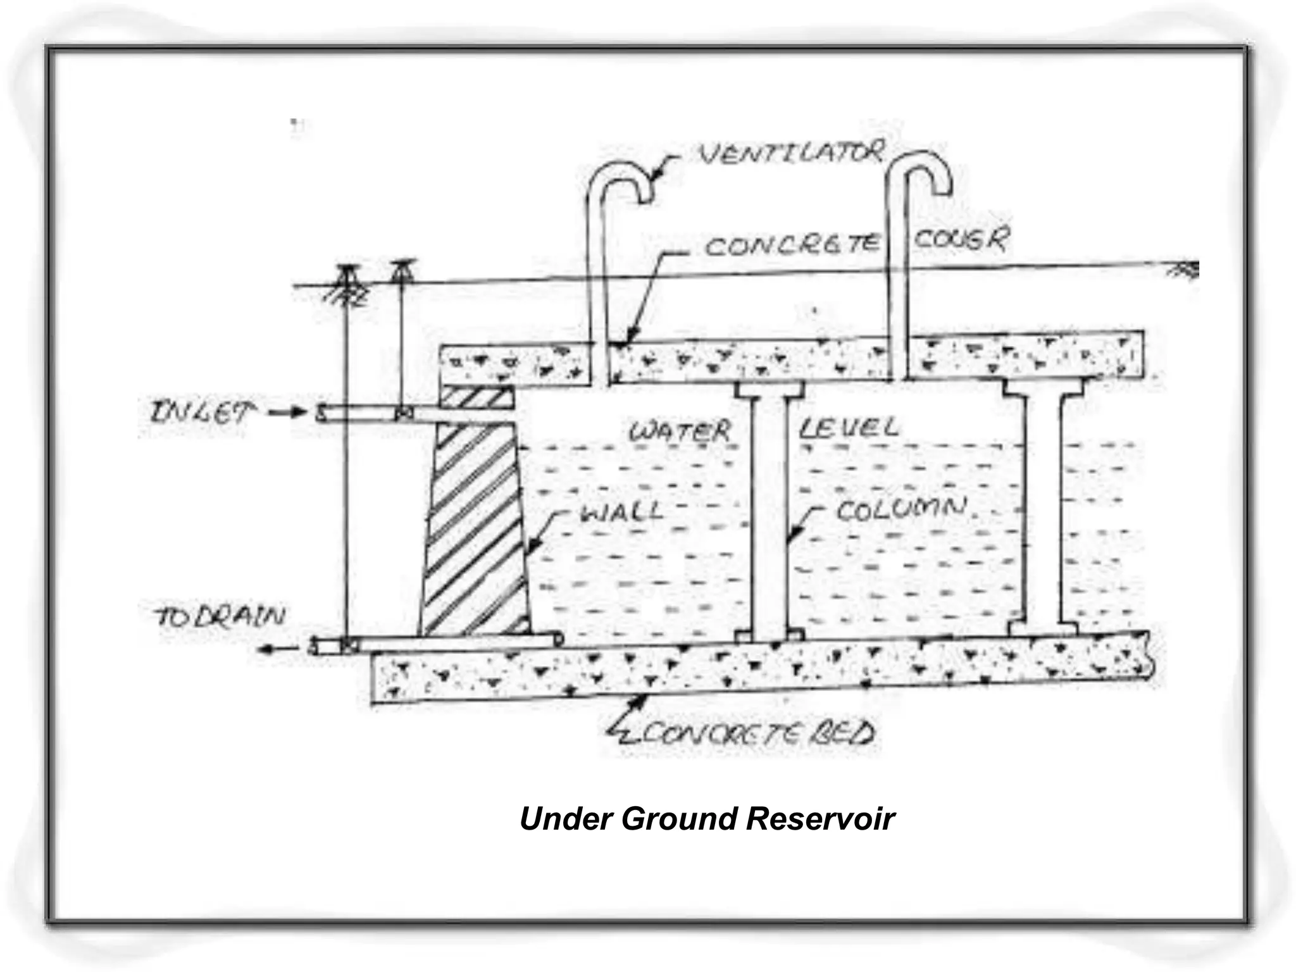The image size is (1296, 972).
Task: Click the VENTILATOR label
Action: [x=791, y=154]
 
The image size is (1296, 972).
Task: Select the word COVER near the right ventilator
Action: [x=961, y=240]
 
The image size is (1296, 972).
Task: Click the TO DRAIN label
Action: [x=220, y=616]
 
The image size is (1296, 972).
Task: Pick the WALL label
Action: [x=621, y=511]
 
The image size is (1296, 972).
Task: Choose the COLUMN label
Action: [x=901, y=509]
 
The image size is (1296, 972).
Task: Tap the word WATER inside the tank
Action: [x=680, y=432]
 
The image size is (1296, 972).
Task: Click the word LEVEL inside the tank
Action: [x=848, y=428]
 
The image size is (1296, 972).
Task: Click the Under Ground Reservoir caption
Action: [x=707, y=818]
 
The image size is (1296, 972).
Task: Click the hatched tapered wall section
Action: [x=475, y=532]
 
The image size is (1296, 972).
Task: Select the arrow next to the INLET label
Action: [x=288, y=414]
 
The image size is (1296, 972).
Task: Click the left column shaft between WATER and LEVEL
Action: [x=769, y=513]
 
